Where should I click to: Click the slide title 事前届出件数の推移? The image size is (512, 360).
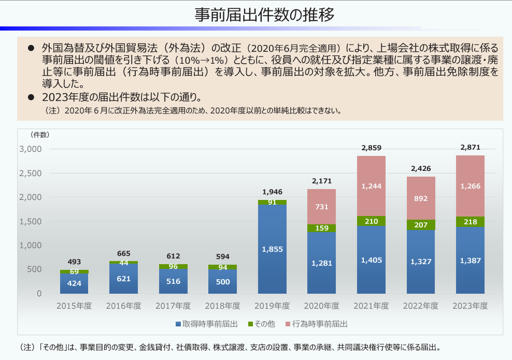click(x=264, y=15)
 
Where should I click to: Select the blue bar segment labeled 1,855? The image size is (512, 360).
click(x=272, y=249)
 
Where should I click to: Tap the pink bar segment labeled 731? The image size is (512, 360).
click(x=321, y=207)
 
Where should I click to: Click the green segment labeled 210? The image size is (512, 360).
click(x=371, y=221)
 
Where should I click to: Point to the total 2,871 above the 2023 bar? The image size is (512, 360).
click(x=471, y=148)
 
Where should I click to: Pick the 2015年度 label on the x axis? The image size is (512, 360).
click(x=74, y=306)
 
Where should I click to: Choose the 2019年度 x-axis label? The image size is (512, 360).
click(x=272, y=306)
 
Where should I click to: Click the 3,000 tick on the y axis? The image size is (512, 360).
click(x=30, y=149)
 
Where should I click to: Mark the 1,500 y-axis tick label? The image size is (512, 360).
click(x=30, y=221)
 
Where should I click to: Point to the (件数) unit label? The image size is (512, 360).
click(x=40, y=135)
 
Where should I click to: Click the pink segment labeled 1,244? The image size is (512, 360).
click(x=371, y=186)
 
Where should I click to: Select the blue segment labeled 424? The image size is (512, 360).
click(x=74, y=283)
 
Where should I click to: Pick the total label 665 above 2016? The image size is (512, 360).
click(x=123, y=253)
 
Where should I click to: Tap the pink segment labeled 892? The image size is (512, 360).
click(x=421, y=198)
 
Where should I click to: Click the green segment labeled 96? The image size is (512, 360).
click(x=173, y=267)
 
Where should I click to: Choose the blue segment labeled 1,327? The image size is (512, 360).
click(x=421, y=261)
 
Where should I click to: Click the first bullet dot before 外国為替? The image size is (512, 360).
click(x=31, y=48)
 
